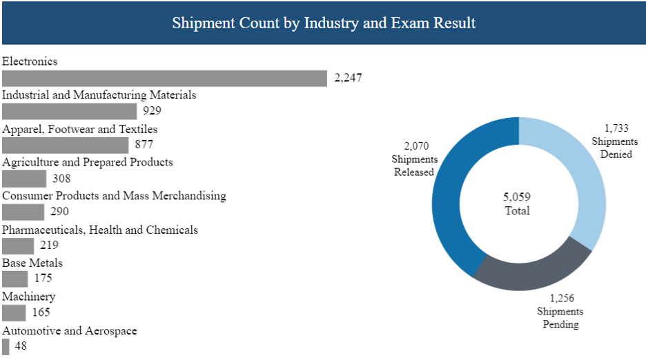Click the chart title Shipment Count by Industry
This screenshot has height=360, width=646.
[323, 23]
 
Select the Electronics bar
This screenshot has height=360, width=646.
[164, 79]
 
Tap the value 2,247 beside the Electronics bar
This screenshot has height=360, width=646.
[348, 79]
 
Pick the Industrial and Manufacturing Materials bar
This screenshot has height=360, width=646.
[70, 112]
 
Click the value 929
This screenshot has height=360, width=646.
[152, 112]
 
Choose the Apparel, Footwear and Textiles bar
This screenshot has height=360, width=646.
[66, 146]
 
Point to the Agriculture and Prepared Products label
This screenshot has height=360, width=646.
[88, 162]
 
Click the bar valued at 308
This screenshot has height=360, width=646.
[24, 179]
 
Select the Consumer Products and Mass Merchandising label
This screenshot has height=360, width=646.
[114, 196]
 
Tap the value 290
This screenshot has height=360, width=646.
[59, 212]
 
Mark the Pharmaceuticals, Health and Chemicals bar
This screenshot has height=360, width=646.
[18, 246]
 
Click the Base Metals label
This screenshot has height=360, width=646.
[32, 263]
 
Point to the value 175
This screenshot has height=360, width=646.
[43, 279]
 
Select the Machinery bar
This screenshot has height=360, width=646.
[14, 312]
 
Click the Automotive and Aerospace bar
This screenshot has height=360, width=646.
[6, 346]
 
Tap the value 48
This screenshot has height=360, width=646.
[21, 346]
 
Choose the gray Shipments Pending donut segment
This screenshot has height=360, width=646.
[531, 273]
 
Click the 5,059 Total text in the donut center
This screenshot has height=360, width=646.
[518, 204]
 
